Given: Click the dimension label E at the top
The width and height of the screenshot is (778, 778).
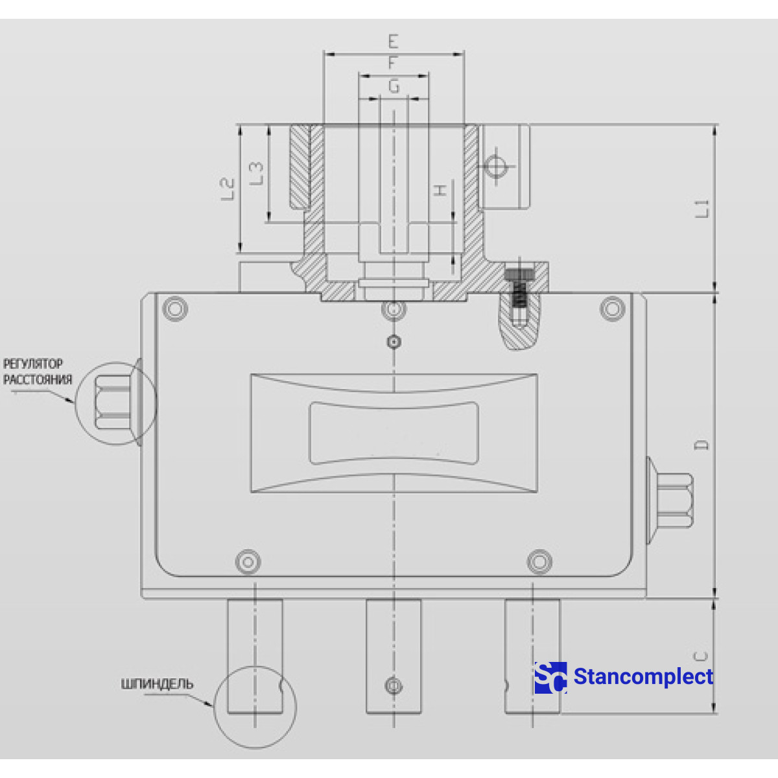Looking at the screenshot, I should pos(393,42).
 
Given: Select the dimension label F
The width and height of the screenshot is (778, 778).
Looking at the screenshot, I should pos(393,64).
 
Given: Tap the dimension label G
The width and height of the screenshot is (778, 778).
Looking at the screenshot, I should pos(394,86).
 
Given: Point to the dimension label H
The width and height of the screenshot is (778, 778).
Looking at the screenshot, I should pos(440,190).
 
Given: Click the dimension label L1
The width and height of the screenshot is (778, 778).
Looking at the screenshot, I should pos(703,208).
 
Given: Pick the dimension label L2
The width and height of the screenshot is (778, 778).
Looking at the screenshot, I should pos(227,188).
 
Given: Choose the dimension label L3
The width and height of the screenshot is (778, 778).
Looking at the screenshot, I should pos(257,174).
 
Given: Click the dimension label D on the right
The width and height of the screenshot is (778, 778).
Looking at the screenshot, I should pos(701,445).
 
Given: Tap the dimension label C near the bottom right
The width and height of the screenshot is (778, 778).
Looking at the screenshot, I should pos(701,656).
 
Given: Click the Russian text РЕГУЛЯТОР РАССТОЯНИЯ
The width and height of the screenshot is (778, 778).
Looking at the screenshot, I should pos(37,371).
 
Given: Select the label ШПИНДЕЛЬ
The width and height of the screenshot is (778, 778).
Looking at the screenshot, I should pos(157,684).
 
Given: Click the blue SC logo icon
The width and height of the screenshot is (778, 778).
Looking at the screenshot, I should pos(550,678).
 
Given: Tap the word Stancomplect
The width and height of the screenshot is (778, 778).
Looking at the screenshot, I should pos(643,677).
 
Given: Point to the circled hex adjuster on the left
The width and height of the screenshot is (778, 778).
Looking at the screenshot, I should pos(115,403).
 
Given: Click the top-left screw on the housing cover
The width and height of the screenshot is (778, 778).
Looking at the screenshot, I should pos(175,309).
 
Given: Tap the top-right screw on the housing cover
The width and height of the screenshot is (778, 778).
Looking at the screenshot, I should pos(613,309).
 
